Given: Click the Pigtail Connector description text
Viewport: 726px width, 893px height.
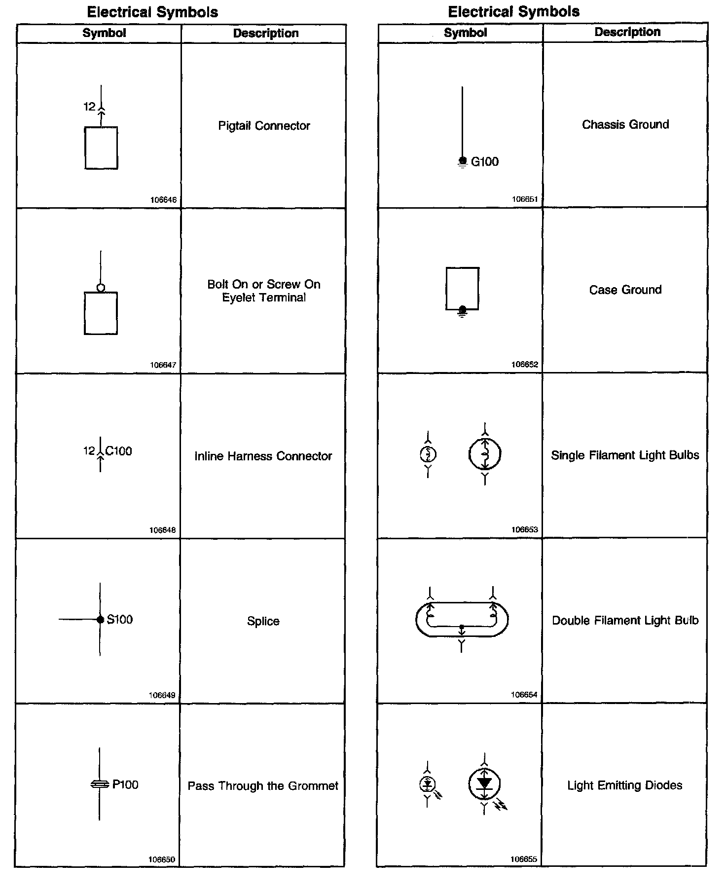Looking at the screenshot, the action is pyautogui.click(x=264, y=126).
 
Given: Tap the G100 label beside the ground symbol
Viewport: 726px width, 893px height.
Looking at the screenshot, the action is pyautogui.click(x=484, y=162).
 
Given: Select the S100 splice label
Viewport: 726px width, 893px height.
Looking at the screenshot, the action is pyautogui.click(x=120, y=619).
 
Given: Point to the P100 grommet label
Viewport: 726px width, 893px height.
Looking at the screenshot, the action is pyautogui.click(x=125, y=784).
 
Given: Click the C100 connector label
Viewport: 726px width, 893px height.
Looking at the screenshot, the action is pyautogui.click(x=119, y=451).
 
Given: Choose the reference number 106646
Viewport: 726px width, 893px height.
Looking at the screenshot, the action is pyautogui.click(x=163, y=200).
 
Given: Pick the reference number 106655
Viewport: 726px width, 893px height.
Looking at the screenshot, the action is pyautogui.click(x=524, y=859).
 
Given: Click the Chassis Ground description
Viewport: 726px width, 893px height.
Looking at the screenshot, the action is pyautogui.click(x=625, y=124).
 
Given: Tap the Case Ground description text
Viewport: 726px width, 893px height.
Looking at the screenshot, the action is pyautogui.click(x=625, y=290).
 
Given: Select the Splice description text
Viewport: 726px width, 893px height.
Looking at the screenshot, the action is pyautogui.click(x=263, y=621).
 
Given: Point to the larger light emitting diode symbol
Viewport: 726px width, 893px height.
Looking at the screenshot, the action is pyautogui.click(x=485, y=784).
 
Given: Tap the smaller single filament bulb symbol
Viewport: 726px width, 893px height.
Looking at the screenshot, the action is pyautogui.click(x=428, y=454).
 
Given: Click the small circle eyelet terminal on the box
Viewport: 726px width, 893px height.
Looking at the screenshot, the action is pyautogui.click(x=101, y=288).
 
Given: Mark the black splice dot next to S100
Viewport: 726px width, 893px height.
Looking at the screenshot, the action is pyautogui.click(x=100, y=620).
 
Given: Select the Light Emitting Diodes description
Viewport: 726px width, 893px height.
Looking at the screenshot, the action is pyautogui.click(x=625, y=785).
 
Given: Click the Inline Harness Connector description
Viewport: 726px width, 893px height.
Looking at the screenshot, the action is pyautogui.click(x=263, y=456).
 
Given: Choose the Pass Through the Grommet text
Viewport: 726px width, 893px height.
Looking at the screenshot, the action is pyautogui.click(x=263, y=786).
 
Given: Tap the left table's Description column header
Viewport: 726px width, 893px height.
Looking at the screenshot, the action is pyautogui.click(x=265, y=34).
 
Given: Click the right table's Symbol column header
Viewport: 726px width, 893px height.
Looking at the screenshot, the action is pyautogui.click(x=465, y=33).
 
